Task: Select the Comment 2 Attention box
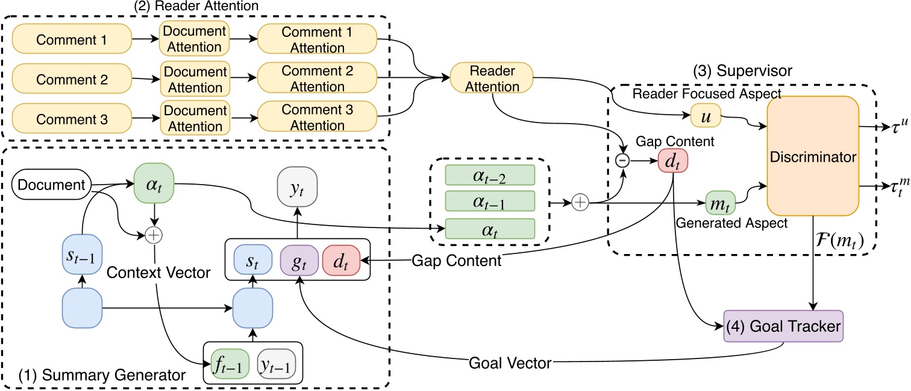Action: pos(317,79)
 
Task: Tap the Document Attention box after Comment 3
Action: pos(195,118)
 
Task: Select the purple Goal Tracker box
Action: pos(783,326)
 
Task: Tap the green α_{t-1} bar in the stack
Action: pos(490,201)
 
